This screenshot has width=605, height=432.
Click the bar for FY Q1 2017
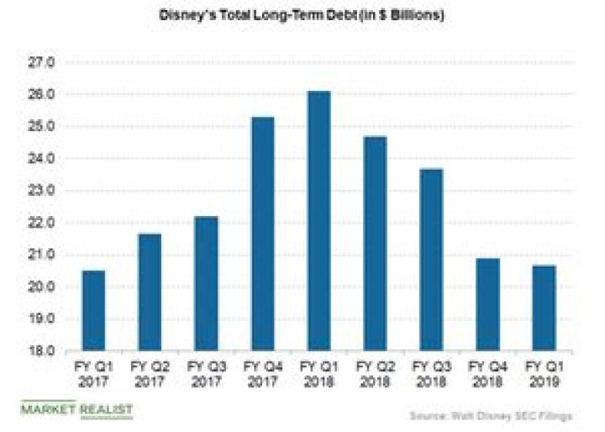(x=93, y=311)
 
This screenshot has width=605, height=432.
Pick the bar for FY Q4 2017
(x=262, y=234)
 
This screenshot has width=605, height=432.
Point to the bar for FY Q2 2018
(x=375, y=244)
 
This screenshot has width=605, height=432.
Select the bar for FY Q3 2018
(x=431, y=260)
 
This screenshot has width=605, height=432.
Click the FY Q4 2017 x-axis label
(x=262, y=375)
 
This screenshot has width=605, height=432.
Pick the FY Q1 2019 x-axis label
(x=544, y=375)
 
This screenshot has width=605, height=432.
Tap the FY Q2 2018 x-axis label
(x=375, y=375)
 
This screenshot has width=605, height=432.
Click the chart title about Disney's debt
(x=303, y=16)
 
